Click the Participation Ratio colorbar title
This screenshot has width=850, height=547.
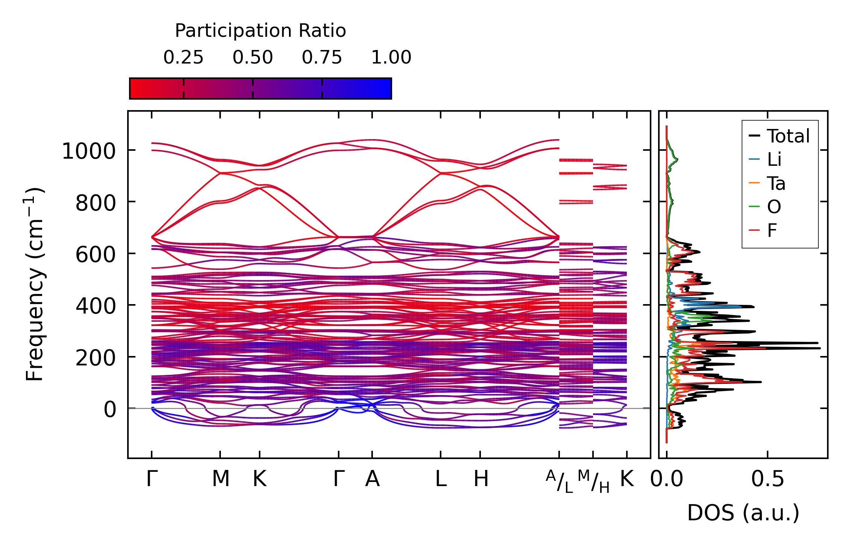(x=260, y=31)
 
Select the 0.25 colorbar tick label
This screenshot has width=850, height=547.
(x=183, y=58)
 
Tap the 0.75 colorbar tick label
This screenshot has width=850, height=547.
(x=322, y=58)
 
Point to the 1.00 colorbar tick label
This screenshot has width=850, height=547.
(x=391, y=58)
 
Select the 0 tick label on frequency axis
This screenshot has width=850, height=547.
(x=110, y=409)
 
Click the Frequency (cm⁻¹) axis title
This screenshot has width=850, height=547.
(x=35, y=284)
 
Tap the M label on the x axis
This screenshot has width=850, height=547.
(x=220, y=479)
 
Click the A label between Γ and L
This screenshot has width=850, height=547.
(x=372, y=479)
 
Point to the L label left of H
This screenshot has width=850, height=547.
(x=441, y=479)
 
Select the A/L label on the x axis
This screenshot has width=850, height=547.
(x=559, y=481)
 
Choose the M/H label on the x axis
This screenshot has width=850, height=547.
(x=593, y=481)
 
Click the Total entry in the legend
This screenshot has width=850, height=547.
(x=788, y=136)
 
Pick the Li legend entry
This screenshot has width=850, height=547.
(x=774, y=160)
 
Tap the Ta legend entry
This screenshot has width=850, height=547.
(x=776, y=183)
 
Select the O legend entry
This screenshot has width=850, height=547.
(x=774, y=207)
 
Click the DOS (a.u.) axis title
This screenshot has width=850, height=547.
(x=743, y=513)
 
